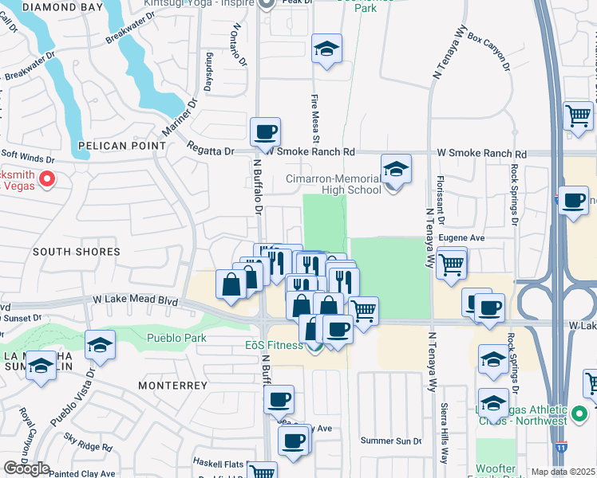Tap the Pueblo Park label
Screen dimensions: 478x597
pyautogui.click(x=176, y=338)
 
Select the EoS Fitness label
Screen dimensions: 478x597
pyautogui.click(x=273, y=346)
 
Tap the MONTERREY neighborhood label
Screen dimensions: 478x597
pyautogui.click(x=172, y=385)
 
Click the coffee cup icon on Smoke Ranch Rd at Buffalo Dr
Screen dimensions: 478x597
pyautogui.click(x=265, y=132)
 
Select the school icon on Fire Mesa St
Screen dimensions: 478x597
pyautogui.click(x=326, y=49)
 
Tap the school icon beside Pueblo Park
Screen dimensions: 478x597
pyautogui.click(x=101, y=345)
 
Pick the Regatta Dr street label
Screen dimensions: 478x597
pyautogui.click(x=211, y=148)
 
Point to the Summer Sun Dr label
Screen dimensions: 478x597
pyautogui.click(x=390, y=441)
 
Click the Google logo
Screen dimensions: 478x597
pyautogui.click(x=26, y=468)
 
